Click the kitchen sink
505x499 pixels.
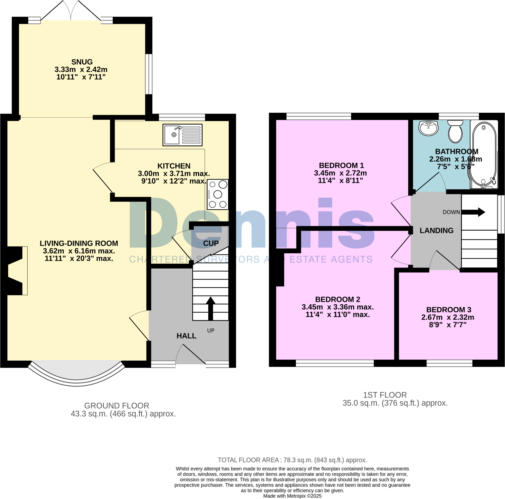182,135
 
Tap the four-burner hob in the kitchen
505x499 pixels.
217,194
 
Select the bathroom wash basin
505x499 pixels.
428,128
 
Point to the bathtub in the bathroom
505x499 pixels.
484,154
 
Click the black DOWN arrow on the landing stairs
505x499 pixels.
473,212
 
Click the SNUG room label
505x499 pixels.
82,62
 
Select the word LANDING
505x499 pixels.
436,231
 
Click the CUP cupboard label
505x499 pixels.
211,243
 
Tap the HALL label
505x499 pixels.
186,336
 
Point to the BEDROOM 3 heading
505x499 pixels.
449,310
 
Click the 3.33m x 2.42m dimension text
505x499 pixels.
81,70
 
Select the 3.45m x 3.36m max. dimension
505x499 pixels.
338,307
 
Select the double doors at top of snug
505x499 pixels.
71,12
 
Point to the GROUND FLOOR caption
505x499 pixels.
117,406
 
